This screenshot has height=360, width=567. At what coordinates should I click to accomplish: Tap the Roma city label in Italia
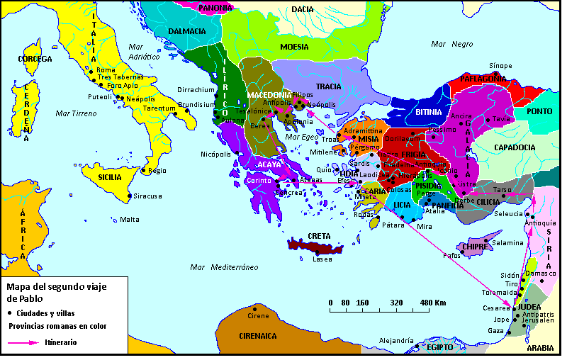[106, 70]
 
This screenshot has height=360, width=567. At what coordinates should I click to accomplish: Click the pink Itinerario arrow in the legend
[24, 342]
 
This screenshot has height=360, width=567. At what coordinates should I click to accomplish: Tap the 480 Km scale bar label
[434, 303]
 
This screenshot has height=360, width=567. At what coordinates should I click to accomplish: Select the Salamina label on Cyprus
[507, 242]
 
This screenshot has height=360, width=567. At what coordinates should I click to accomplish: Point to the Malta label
[130, 219]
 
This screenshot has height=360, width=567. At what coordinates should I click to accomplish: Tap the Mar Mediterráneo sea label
[224, 267]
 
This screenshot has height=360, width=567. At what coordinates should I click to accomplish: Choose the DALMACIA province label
[187, 31]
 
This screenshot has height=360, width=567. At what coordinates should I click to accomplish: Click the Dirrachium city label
[196, 90]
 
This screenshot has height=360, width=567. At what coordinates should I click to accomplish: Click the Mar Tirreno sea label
[75, 113]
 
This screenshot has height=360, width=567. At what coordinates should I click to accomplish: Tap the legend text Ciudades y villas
[45, 313]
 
